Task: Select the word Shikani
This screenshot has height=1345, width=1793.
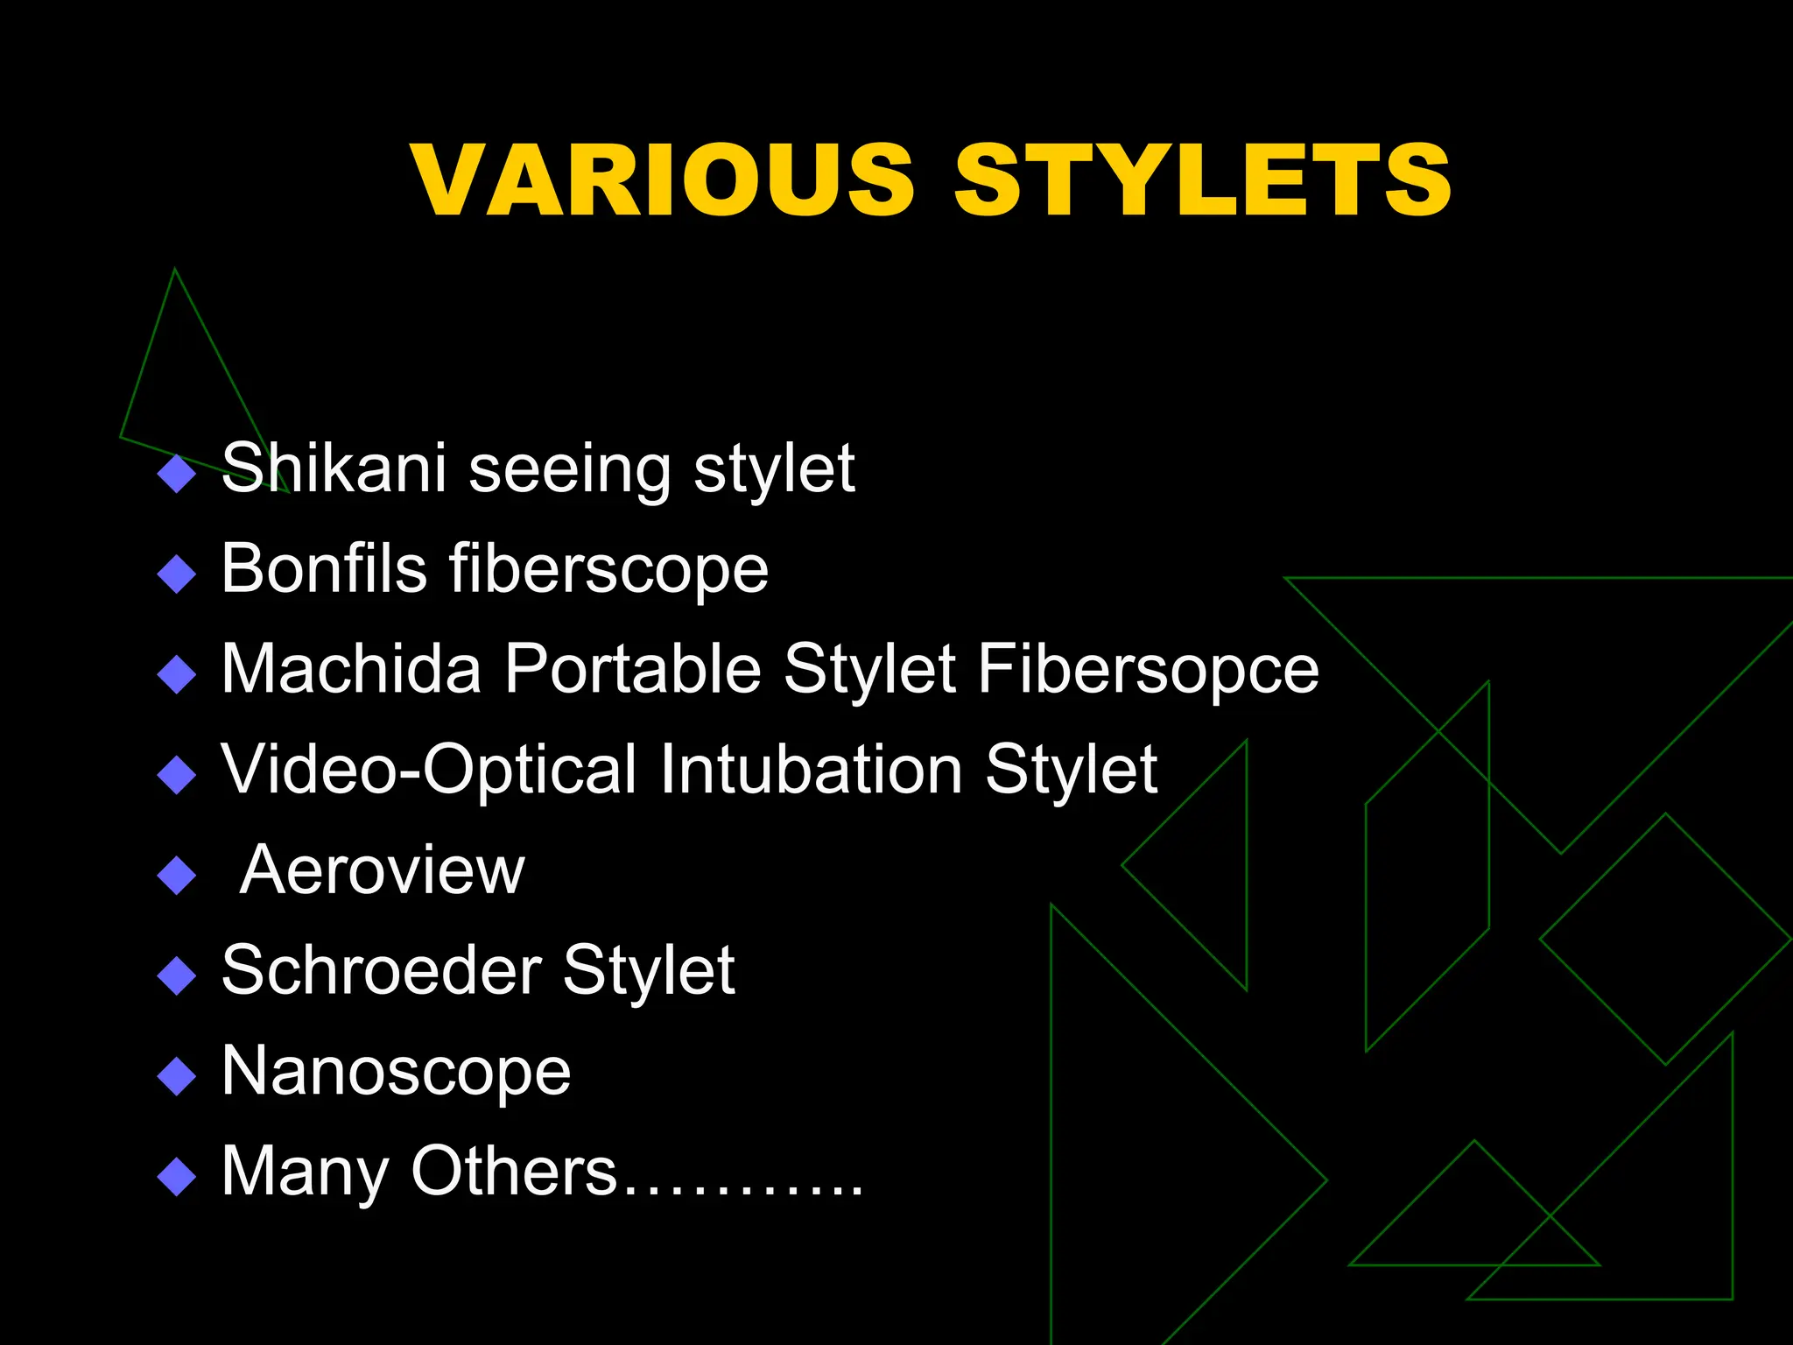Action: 334,468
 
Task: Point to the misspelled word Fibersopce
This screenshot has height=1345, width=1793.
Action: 1148,669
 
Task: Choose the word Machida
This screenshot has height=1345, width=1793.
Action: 351,669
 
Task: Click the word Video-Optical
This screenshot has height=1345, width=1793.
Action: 429,770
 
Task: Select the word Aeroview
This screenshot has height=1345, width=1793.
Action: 382,870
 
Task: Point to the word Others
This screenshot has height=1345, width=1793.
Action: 514,1171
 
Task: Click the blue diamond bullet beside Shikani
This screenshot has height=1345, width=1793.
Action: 177,475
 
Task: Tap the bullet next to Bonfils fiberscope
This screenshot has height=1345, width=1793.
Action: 177,575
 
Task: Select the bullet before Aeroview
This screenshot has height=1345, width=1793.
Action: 177,876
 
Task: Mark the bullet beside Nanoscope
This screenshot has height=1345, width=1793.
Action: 177,1077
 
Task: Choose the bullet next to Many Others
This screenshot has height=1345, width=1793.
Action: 177,1178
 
